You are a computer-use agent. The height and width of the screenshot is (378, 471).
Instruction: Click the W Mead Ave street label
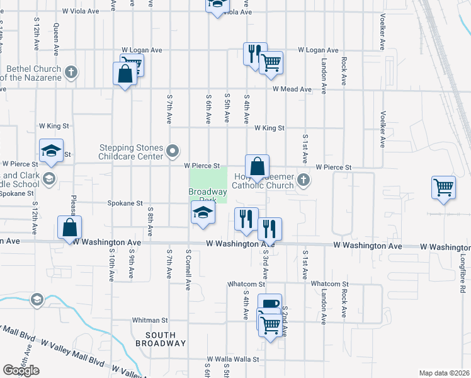click(x=292, y=89)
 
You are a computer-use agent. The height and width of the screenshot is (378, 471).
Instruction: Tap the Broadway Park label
click(x=208, y=195)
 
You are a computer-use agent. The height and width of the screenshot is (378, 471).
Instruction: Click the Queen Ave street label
click(x=57, y=37)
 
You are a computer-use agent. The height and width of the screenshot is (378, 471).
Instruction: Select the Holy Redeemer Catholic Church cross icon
click(x=304, y=181)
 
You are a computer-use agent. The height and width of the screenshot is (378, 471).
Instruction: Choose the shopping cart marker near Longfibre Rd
click(x=443, y=187)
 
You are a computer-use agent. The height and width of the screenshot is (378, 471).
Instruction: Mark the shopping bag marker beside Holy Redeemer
click(x=257, y=167)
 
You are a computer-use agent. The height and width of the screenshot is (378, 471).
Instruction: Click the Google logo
click(x=21, y=370)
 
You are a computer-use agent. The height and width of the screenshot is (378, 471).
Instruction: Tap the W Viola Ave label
click(x=81, y=11)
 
